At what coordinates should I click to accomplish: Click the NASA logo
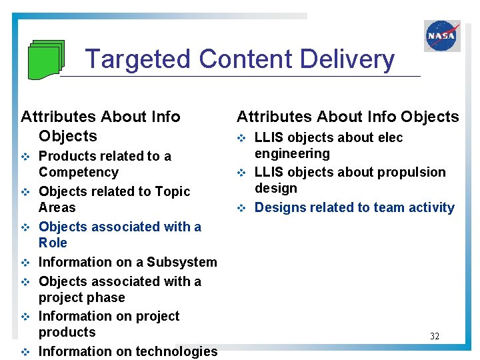(x=442, y=35)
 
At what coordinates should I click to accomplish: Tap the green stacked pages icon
(x=47, y=59)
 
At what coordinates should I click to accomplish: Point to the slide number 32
(x=435, y=336)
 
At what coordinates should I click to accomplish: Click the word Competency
(x=78, y=172)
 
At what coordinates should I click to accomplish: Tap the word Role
(x=53, y=243)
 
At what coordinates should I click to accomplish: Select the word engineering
(x=292, y=153)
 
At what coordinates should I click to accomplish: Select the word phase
(x=108, y=297)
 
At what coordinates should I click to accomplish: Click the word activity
(x=429, y=207)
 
